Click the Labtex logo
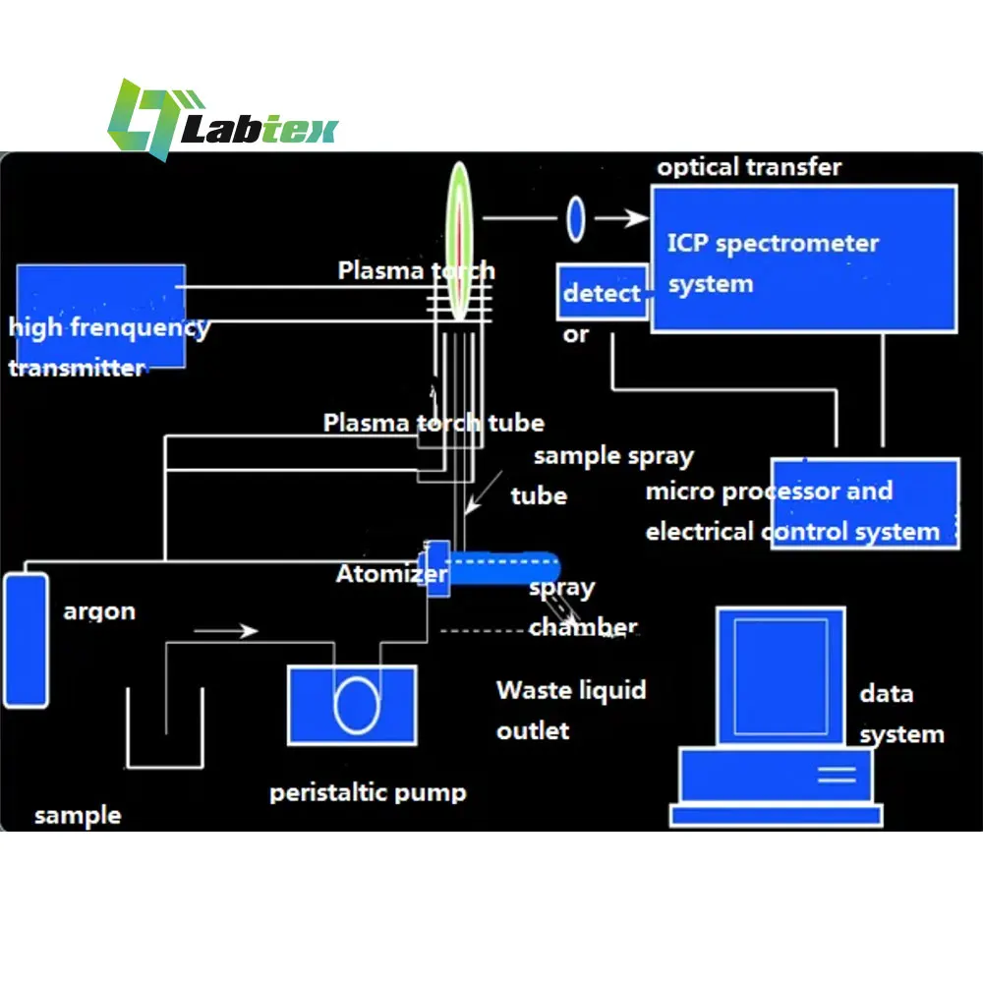(x=221, y=120)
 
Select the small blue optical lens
(x=575, y=219)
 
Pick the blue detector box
(x=602, y=292)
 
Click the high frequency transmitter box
(x=100, y=316)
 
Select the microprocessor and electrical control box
(x=864, y=503)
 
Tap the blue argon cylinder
(x=26, y=639)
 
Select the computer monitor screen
(x=781, y=678)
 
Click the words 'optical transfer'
(x=749, y=167)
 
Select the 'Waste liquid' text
(x=571, y=690)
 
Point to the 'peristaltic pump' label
(x=368, y=792)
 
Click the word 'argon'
(x=99, y=611)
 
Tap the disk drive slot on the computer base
(x=837, y=774)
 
